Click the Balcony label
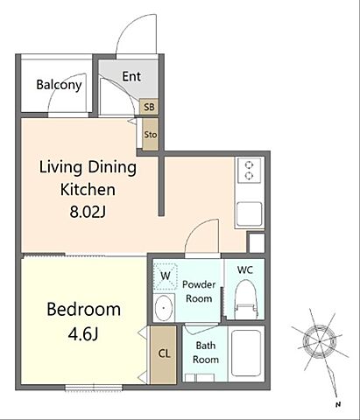tap(59, 85)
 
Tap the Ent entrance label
tap(131, 76)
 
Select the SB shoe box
tap(149, 107)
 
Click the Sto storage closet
tap(151, 135)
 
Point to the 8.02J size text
tap(88, 212)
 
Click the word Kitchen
tap(88, 190)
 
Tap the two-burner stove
tap(249, 171)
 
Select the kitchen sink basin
tap(249, 214)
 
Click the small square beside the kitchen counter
tap(257, 242)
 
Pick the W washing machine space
tap(166, 276)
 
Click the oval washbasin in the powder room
tap(164, 308)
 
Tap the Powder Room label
tap(199, 291)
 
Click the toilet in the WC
tap(246, 299)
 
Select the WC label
tap(245, 270)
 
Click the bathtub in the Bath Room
tap(246, 353)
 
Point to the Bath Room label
tap(206, 353)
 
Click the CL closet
tap(164, 354)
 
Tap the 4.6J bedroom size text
tap(83, 334)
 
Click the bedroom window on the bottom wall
tap(94, 388)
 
